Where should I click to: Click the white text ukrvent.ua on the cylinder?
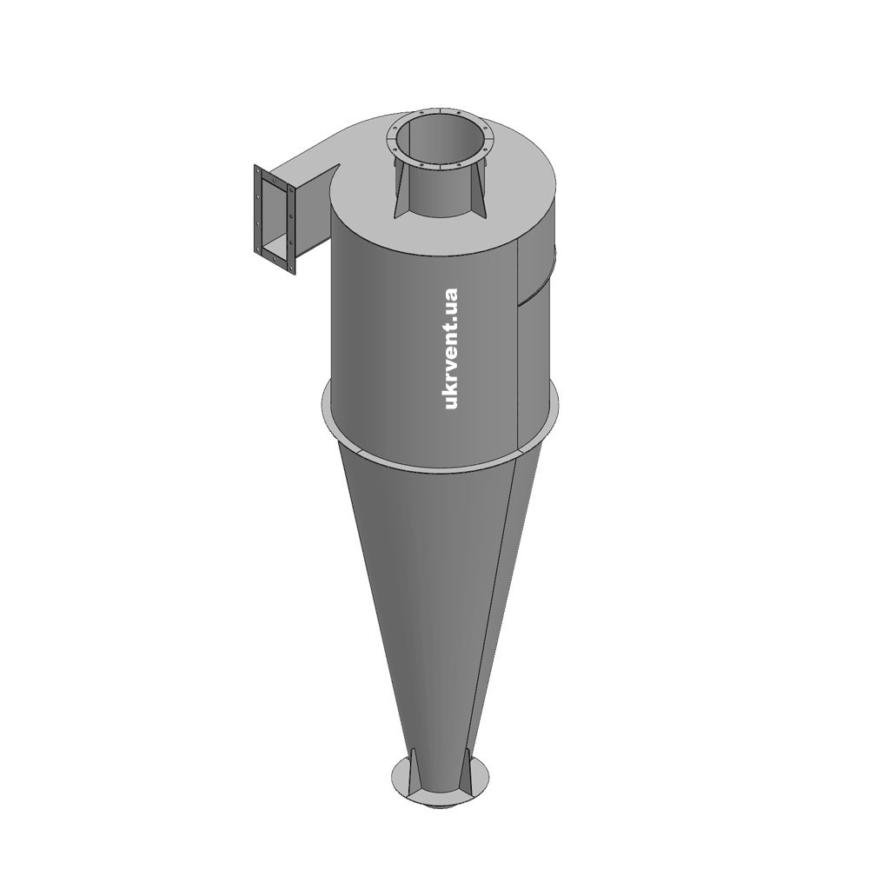(452, 348)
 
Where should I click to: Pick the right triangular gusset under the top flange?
(479, 189)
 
